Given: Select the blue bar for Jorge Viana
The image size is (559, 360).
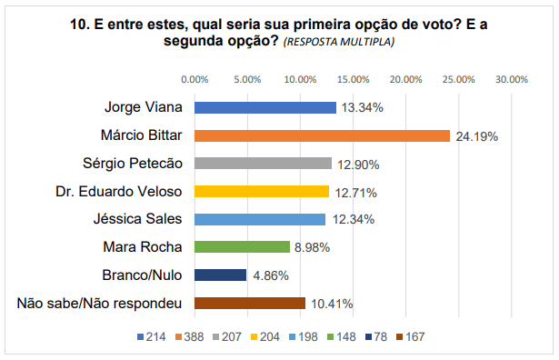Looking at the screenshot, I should tap(265, 107).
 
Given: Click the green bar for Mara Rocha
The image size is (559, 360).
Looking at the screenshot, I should tap(243, 246).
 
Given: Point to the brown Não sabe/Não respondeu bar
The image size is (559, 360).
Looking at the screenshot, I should tap(250, 303).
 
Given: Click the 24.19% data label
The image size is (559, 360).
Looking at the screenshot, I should tap(476, 136).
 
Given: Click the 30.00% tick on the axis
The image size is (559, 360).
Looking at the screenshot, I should tap(512, 79).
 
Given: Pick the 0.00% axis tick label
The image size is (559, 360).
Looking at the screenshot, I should tap(195, 79).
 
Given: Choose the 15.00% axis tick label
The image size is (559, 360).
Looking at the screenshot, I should tap(354, 79).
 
